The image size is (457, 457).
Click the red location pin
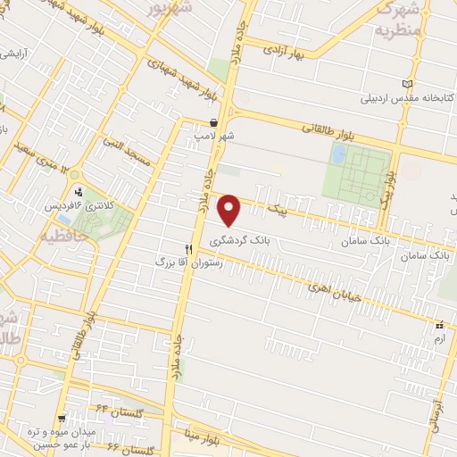tap(230, 210)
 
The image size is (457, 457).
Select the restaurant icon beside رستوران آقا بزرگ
tap(188, 249)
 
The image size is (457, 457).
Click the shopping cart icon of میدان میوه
tap(61, 418)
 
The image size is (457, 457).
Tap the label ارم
tap(438, 340)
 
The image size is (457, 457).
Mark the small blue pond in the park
tap(339, 154)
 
